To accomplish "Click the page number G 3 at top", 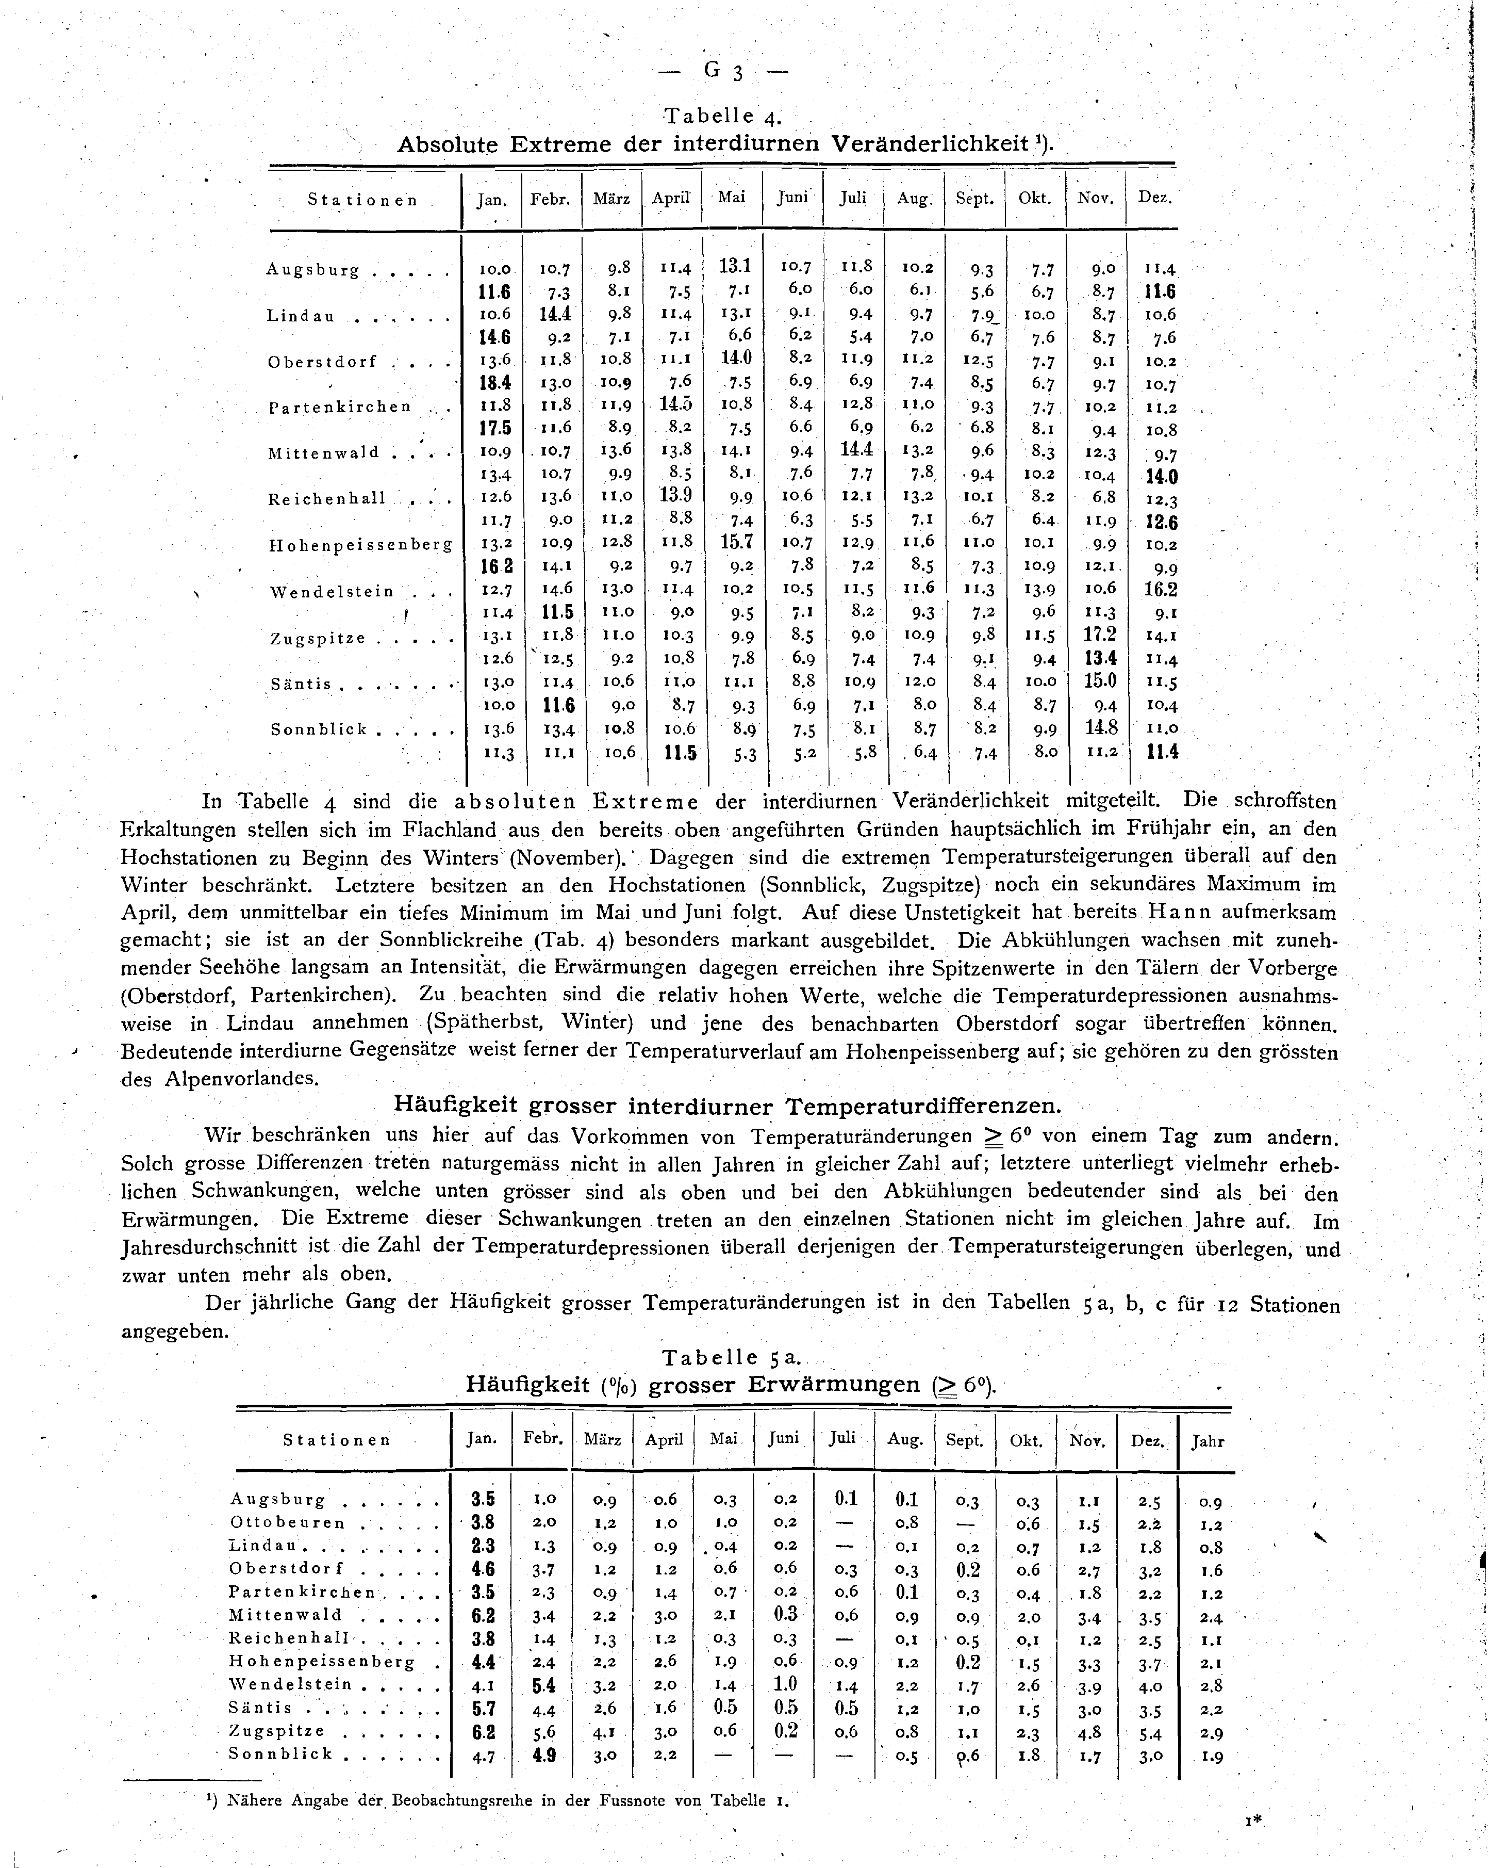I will [x=723, y=72].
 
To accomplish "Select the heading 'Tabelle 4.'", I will [x=722, y=115].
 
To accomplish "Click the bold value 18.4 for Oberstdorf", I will [x=494, y=382].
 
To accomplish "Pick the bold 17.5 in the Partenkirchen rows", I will [x=494, y=428].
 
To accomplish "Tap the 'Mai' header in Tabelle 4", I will [x=731, y=198].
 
